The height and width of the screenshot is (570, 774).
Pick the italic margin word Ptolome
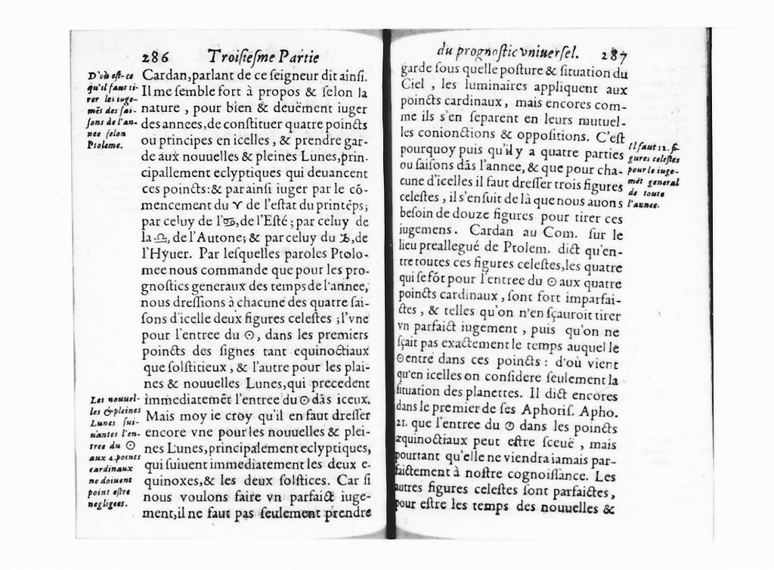[x=104, y=144]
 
